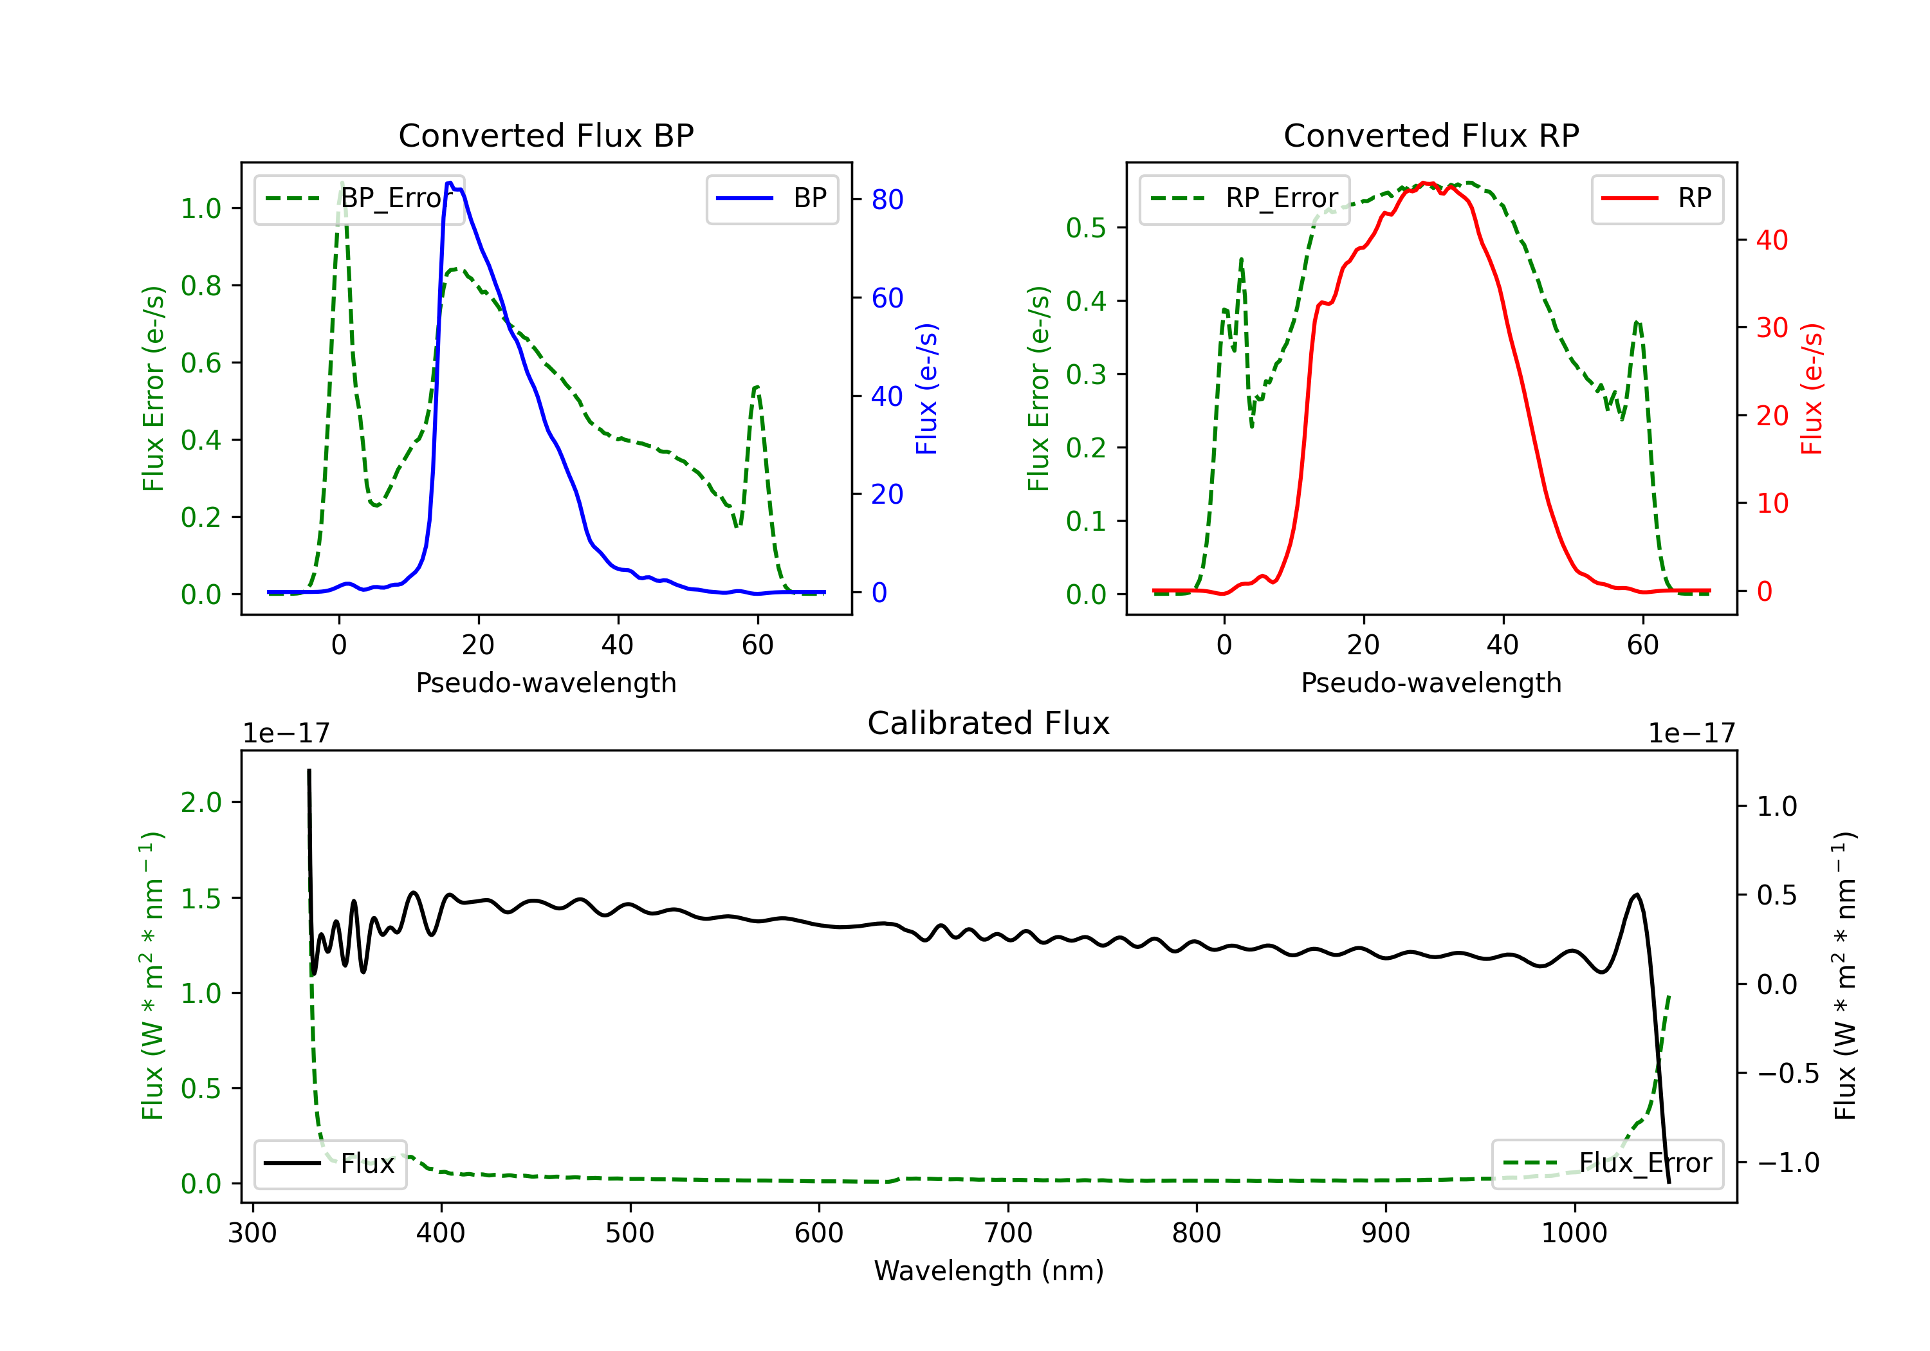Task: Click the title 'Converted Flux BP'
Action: click(546, 135)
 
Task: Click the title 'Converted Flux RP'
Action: click(1431, 135)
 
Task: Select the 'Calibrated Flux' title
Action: click(989, 723)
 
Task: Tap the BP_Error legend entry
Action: click(359, 198)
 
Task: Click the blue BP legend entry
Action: click(771, 198)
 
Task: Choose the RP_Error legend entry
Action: click(1244, 198)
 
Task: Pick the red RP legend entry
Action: click(1657, 198)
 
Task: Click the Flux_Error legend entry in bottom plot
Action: click(1607, 1164)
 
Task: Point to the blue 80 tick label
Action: click(887, 200)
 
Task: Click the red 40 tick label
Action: click(1772, 241)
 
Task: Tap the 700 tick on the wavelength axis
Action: click(1008, 1233)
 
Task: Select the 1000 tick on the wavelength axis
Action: click(1574, 1233)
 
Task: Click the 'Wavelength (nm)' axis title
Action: click(989, 1271)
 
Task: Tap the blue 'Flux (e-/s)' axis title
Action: click(926, 389)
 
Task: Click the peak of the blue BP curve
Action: click(450, 183)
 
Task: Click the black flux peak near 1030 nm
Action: click(1636, 896)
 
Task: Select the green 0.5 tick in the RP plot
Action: click(1086, 228)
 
